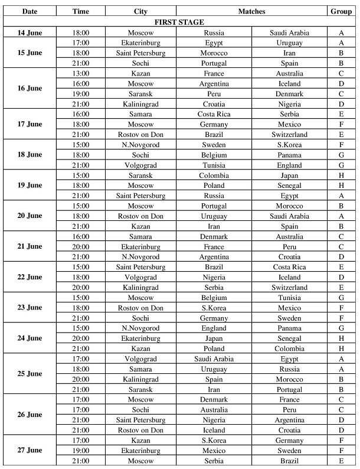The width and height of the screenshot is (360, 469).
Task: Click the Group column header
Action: [x=341, y=11]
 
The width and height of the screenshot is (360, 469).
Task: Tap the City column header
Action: [x=140, y=11]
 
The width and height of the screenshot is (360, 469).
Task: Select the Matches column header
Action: [x=251, y=11]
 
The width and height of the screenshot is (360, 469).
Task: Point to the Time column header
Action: [x=81, y=11]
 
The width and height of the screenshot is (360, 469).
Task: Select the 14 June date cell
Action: [x=30, y=32]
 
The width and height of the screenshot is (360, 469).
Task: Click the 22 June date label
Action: [x=30, y=277]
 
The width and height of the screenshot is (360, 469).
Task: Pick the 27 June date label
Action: [x=30, y=450]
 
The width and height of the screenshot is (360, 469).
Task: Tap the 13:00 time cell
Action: [x=81, y=73]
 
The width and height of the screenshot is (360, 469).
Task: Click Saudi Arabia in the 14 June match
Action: [x=289, y=32]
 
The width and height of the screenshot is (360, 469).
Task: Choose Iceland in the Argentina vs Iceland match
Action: [x=289, y=83]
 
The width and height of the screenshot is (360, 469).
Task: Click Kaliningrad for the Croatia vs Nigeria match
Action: [x=140, y=104]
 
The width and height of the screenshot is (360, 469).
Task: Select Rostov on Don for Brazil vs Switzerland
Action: [x=140, y=135]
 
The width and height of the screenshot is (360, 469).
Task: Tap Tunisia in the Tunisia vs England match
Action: [x=214, y=165]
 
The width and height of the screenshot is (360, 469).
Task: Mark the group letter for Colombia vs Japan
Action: [x=341, y=175]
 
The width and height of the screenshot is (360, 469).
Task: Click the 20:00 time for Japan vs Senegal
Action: [x=81, y=338]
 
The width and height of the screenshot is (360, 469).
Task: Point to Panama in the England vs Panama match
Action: [x=289, y=328]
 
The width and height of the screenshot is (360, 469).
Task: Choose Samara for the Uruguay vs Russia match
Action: [x=140, y=369]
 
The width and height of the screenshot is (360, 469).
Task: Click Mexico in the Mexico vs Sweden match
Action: [x=214, y=451]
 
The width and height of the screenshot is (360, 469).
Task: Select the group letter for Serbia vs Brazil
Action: [x=341, y=461]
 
